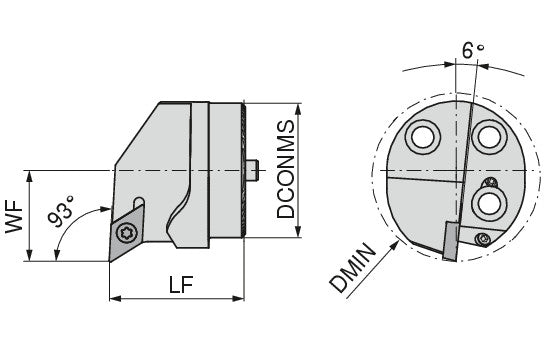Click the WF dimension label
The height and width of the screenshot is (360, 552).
coord(14,216)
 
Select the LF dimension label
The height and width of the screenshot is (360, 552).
coord(181,284)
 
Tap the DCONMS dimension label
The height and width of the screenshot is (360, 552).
coord(286,169)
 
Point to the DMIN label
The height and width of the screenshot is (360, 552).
coord(353,268)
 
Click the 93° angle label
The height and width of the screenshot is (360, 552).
coord(61,212)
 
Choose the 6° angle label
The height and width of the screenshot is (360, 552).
coord(473,51)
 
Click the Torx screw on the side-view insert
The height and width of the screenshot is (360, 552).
coord(126,233)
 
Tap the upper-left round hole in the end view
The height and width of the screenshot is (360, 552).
coord(423,137)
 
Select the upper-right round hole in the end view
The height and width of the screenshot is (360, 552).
coord(489,137)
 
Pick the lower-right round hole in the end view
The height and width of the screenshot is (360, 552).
coord(489,204)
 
